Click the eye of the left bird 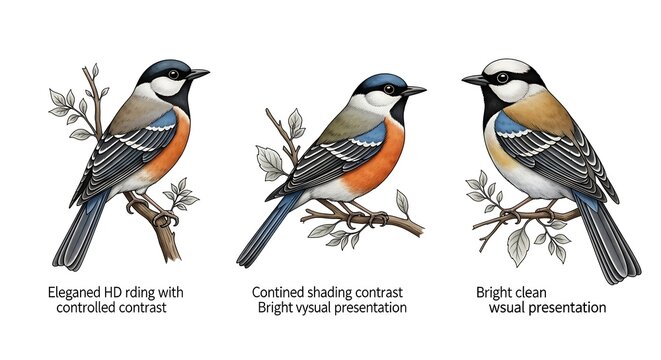coord(174,74)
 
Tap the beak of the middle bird coord(413,91)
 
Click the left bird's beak coord(198,74)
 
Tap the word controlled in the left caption coord(88,308)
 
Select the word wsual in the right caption coord(509,308)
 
